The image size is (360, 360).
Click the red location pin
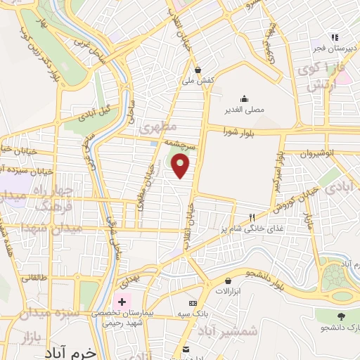pos(181,165)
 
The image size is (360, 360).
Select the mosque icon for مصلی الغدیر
pos(244,98)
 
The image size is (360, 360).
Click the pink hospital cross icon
pos(124,302)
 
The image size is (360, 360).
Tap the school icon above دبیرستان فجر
pos(336,37)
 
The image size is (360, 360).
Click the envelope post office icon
pos(186,349)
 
